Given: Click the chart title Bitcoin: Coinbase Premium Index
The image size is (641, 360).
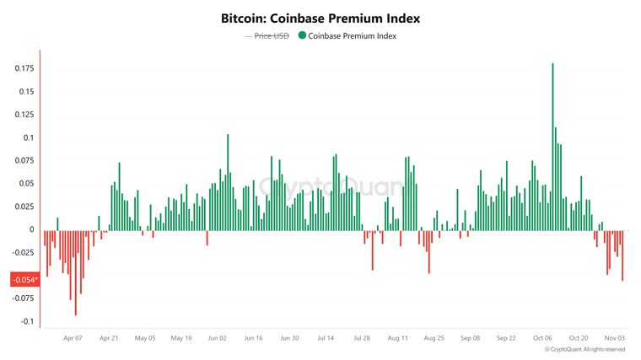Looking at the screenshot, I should [x=320, y=18].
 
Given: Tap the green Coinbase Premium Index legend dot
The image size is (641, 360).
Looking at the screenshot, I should [x=302, y=35].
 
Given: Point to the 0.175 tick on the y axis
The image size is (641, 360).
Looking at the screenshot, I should [x=24, y=68].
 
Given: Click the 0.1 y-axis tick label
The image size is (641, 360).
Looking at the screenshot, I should [x=29, y=137].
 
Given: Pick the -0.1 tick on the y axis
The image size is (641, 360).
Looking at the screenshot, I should [x=27, y=321].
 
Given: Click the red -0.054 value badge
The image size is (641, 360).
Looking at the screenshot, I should [x=24, y=280].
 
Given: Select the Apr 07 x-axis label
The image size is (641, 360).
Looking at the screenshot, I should [x=73, y=338].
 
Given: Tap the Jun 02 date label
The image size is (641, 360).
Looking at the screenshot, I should [x=217, y=338].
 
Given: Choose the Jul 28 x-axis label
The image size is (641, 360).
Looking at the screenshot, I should [x=362, y=338].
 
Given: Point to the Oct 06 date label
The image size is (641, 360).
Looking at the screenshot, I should [x=542, y=338].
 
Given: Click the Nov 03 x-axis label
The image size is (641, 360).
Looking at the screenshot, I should [x=615, y=338].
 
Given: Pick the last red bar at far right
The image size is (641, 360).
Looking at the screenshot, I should [x=622, y=255].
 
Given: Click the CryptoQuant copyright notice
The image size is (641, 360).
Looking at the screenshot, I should [x=584, y=349].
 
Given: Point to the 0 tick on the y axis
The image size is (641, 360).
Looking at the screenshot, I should [x=32, y=229].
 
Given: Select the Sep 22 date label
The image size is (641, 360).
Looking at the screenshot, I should [x=506, y=338].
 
